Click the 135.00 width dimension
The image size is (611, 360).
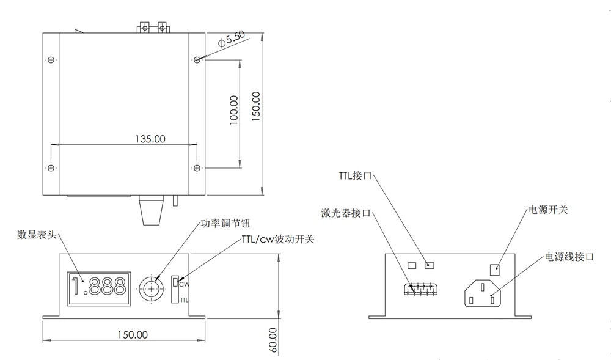tap(150, 139)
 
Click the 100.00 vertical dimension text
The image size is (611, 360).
tap(232, 111)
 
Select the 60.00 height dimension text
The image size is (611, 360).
tap(273, 340)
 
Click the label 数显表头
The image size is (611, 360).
tap(37, 234)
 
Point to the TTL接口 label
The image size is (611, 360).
tap(355, 175)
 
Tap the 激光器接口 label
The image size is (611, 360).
tap(346, 213)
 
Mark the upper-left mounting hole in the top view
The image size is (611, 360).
tap(51, 60)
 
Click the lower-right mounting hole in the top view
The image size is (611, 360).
tap(197, 167)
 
